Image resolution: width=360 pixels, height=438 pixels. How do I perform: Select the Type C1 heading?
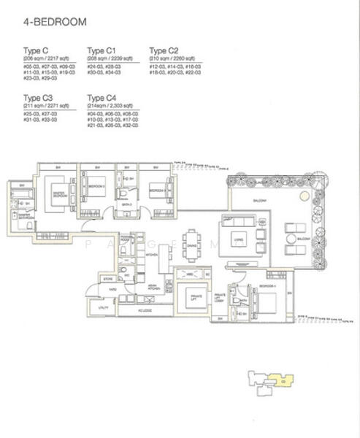point(102,50)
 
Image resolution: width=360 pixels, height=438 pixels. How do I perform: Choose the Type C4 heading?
point(102,96)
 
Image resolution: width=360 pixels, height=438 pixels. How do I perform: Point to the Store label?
point(108,278)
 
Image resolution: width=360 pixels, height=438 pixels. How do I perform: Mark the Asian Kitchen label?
point(155,287)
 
